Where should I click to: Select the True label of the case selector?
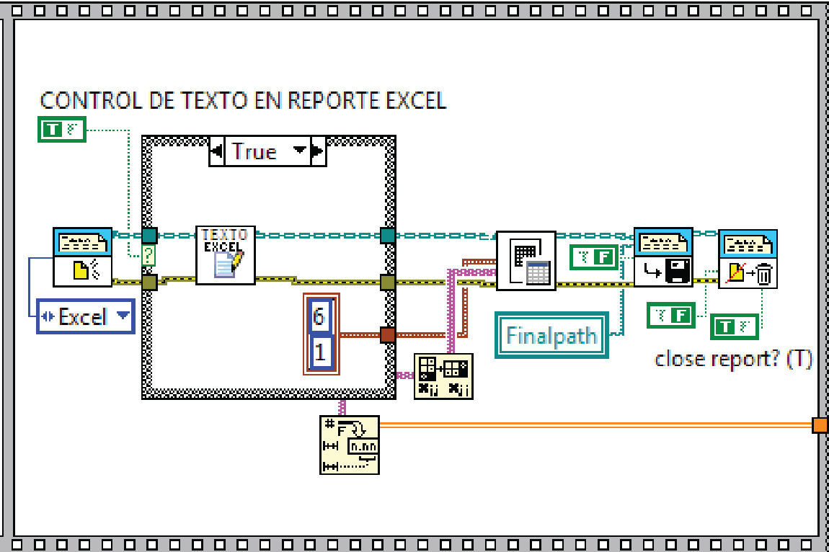coord(254,151)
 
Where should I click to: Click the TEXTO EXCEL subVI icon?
coord(226,254)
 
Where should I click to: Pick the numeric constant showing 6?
coord(320,316)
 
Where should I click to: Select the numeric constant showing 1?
coord(320,352)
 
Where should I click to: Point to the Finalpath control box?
coord(551,335)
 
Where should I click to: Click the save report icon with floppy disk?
coord(662,257)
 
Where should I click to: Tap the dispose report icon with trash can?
coord(748,259)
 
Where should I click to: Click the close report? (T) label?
coord(733,358)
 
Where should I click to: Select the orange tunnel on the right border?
coord(820,425)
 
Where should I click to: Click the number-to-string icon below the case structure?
coord(350,444)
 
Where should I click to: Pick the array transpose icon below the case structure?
coord(443,376)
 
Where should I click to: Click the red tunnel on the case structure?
coord(387,334)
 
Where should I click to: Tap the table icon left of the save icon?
coord(526,260)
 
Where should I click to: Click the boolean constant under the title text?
coord(61,129)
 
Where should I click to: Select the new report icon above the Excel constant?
coord(82,257)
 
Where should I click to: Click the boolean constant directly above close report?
coord(734,326)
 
